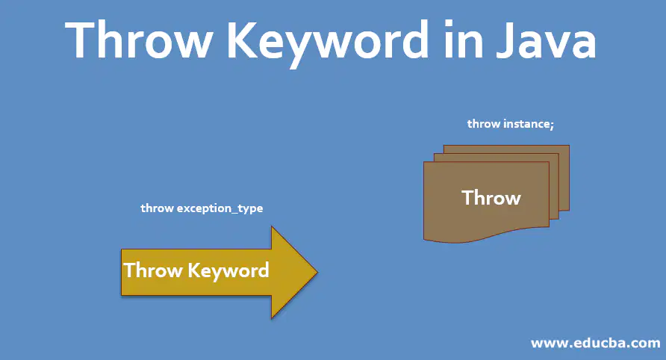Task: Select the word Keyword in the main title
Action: click(x=328, y=43)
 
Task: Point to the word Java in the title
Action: click(x=547, y=40)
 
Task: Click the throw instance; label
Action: click(x=511, y=124)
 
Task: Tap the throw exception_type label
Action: click(x=202, y=208)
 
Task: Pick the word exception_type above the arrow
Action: click(x=220, y=208)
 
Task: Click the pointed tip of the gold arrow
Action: click(x=317, y=272)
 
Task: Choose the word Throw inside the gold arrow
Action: click(x=153, y=270)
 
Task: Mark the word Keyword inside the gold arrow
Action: click(x=228, y=270)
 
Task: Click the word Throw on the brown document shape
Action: click(x=491, y=198)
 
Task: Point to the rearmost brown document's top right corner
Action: click(x=569, y=146)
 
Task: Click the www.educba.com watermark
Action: click(x=596, y=343)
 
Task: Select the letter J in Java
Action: click(x=506, y=40)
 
